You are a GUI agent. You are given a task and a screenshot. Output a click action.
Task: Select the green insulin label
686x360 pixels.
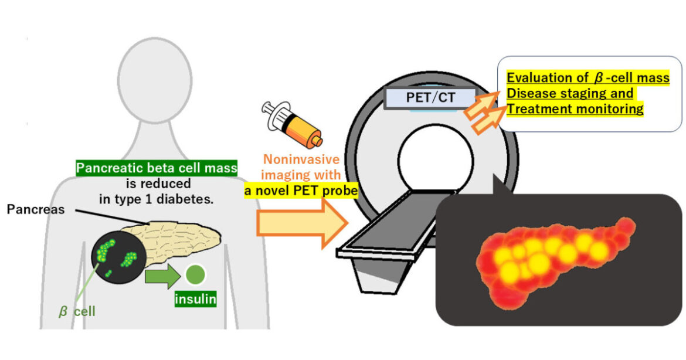(195, 300)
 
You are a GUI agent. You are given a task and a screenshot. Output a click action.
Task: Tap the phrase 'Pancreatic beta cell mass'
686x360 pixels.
(157, 169)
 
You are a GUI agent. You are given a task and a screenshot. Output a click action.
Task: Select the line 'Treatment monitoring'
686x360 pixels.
(575, 109)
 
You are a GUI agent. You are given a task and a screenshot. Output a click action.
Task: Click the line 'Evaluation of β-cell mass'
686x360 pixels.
(587, 78)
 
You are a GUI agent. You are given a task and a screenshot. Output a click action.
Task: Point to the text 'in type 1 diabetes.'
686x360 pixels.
(157, 198)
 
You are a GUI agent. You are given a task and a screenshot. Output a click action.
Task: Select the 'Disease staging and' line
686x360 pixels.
(569, 93)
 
